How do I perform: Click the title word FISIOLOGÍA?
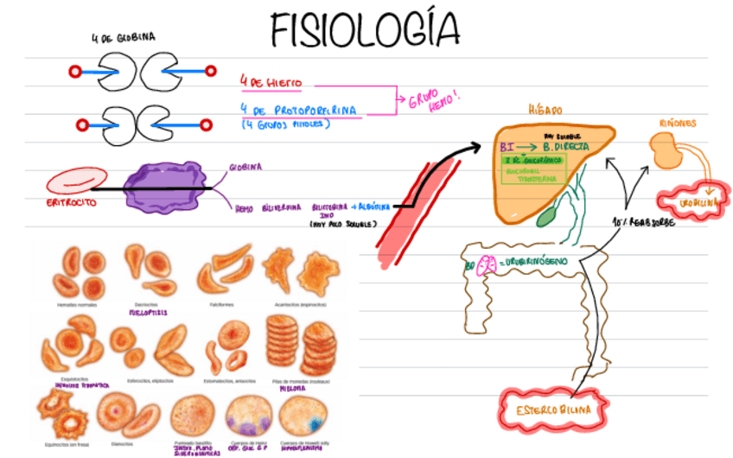[364, 30]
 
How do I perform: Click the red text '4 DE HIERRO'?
[271, 81]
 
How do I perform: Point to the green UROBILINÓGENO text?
[530, 260]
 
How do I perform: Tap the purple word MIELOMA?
[290, 389]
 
